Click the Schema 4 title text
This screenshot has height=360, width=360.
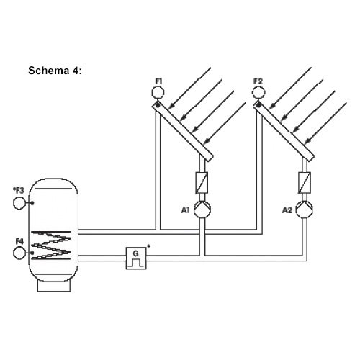point(55,71)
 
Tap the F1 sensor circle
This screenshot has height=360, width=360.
point(158,92)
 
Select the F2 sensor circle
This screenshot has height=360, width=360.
point(258,92)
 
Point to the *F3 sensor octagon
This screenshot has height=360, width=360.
point(19,203)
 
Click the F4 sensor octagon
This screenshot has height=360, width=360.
point(19,253)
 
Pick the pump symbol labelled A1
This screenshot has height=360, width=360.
point(202,210)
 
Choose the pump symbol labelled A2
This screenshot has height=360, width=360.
point(304,210)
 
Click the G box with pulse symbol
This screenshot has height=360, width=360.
point(136,258)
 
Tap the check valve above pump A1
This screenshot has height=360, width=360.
point(202,183)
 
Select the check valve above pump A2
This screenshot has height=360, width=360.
point(305,183)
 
